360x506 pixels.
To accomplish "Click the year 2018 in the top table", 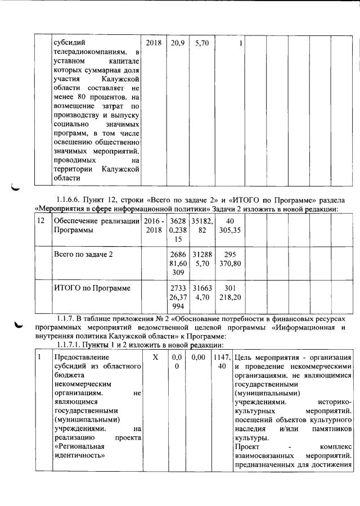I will [153, 43].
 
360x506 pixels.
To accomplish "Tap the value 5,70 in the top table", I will [201, 43].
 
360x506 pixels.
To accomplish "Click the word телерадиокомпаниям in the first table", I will [89, 52].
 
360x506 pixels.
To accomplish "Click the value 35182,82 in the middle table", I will [201, 225].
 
